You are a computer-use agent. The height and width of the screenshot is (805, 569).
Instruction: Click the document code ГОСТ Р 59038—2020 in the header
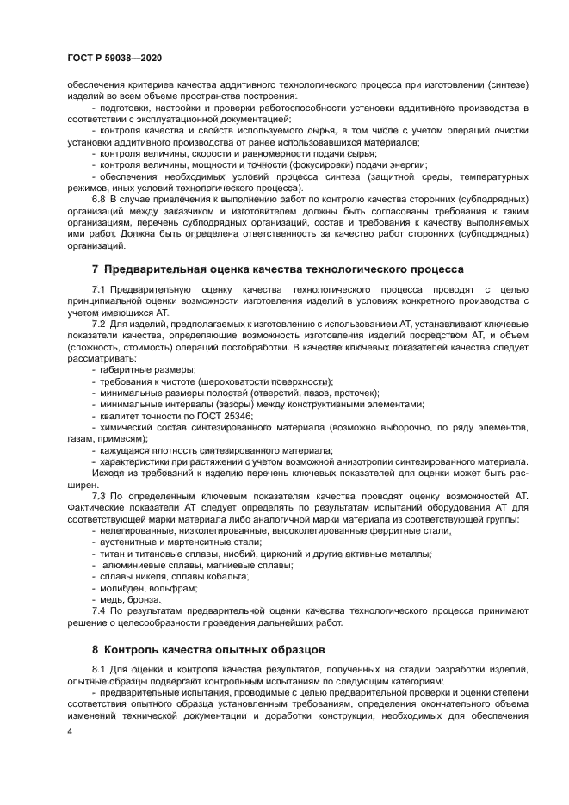(x=114, y=58)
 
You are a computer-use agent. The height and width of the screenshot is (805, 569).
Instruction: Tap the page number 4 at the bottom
(x=70, y=730)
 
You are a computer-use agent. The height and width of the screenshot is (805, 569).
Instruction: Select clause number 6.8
(x=98, y=198)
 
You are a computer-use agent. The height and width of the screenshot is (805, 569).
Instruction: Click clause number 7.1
(x=98, y=288)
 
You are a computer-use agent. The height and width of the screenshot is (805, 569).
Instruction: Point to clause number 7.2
(x=98, y=323)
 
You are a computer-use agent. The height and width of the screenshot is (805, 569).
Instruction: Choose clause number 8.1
(x=98, y=669)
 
